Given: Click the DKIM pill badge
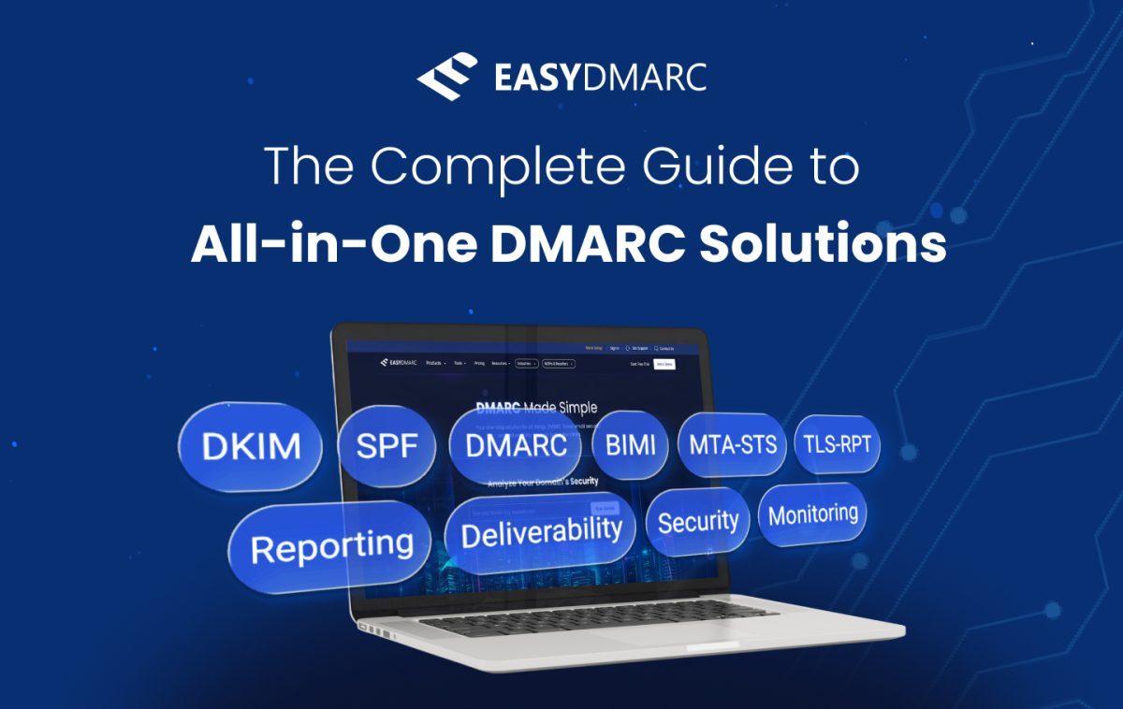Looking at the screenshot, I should pos(249,446).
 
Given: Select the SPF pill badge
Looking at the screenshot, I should pos(386,446).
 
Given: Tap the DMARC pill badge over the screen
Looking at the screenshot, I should pos(517,445).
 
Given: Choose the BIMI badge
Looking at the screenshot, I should pos(630,445).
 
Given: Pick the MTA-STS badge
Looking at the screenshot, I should pos(732,443).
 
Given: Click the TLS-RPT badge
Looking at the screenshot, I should pos(836,444).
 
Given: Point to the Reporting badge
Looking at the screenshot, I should pos(331,546).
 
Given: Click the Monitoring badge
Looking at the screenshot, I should pos(812,514).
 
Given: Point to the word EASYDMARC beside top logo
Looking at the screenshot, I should pos(599,78).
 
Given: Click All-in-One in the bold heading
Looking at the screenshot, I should pos(330,243).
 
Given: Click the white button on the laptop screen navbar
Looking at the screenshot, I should pos(664,363).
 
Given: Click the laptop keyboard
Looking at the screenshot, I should pos(599,621).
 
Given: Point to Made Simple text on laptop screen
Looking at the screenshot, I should pos(560,408).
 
